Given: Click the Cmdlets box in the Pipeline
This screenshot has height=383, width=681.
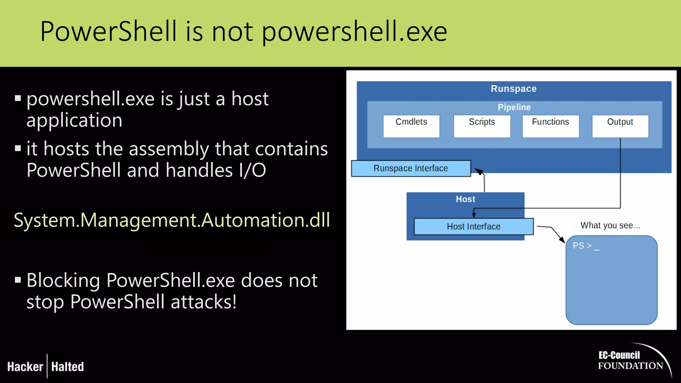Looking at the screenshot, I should (x=411, y=126).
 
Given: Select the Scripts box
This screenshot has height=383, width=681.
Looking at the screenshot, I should (x=482, y=126).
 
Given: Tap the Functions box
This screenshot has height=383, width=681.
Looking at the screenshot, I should (x=550, y=126).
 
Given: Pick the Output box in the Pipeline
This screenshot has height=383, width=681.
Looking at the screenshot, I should (x=620, y=126).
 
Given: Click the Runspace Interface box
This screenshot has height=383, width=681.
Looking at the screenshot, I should (x=411, y=168).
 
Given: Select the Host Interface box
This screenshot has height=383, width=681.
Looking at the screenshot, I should (x=474, y=226).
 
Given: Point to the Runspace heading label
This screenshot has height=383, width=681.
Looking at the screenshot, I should (x=514, y=89).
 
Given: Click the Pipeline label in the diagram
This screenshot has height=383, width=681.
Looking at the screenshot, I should (x=514, y=107).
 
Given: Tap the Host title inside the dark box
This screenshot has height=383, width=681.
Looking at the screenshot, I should (x=466, y=199).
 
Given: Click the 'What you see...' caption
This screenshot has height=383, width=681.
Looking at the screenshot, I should (x=610, y=225).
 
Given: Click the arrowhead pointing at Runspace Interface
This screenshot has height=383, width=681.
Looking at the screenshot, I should (x=479, y=171).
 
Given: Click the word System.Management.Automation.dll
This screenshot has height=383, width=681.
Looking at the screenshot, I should (x=172, y=220).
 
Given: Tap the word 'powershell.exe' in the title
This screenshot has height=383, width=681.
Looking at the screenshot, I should (x=354, y=32).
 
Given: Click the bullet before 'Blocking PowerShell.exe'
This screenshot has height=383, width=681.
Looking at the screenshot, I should (x=18, y=280).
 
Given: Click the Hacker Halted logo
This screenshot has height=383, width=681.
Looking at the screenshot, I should (x=46, y=366).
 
